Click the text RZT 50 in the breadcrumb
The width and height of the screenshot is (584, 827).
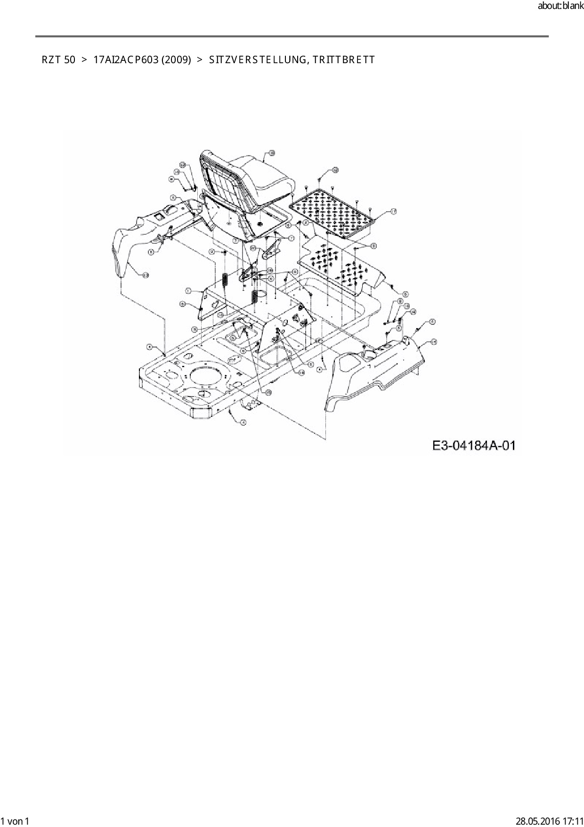[58, 60]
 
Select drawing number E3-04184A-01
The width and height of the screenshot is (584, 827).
[473, 446]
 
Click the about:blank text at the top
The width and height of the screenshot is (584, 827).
[560, 7]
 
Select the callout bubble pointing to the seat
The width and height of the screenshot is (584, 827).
[272, 153]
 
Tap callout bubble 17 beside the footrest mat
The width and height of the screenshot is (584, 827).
[393, 212]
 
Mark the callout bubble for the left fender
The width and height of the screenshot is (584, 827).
[146, 275]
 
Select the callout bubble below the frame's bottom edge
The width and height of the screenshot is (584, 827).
[243, 422]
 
